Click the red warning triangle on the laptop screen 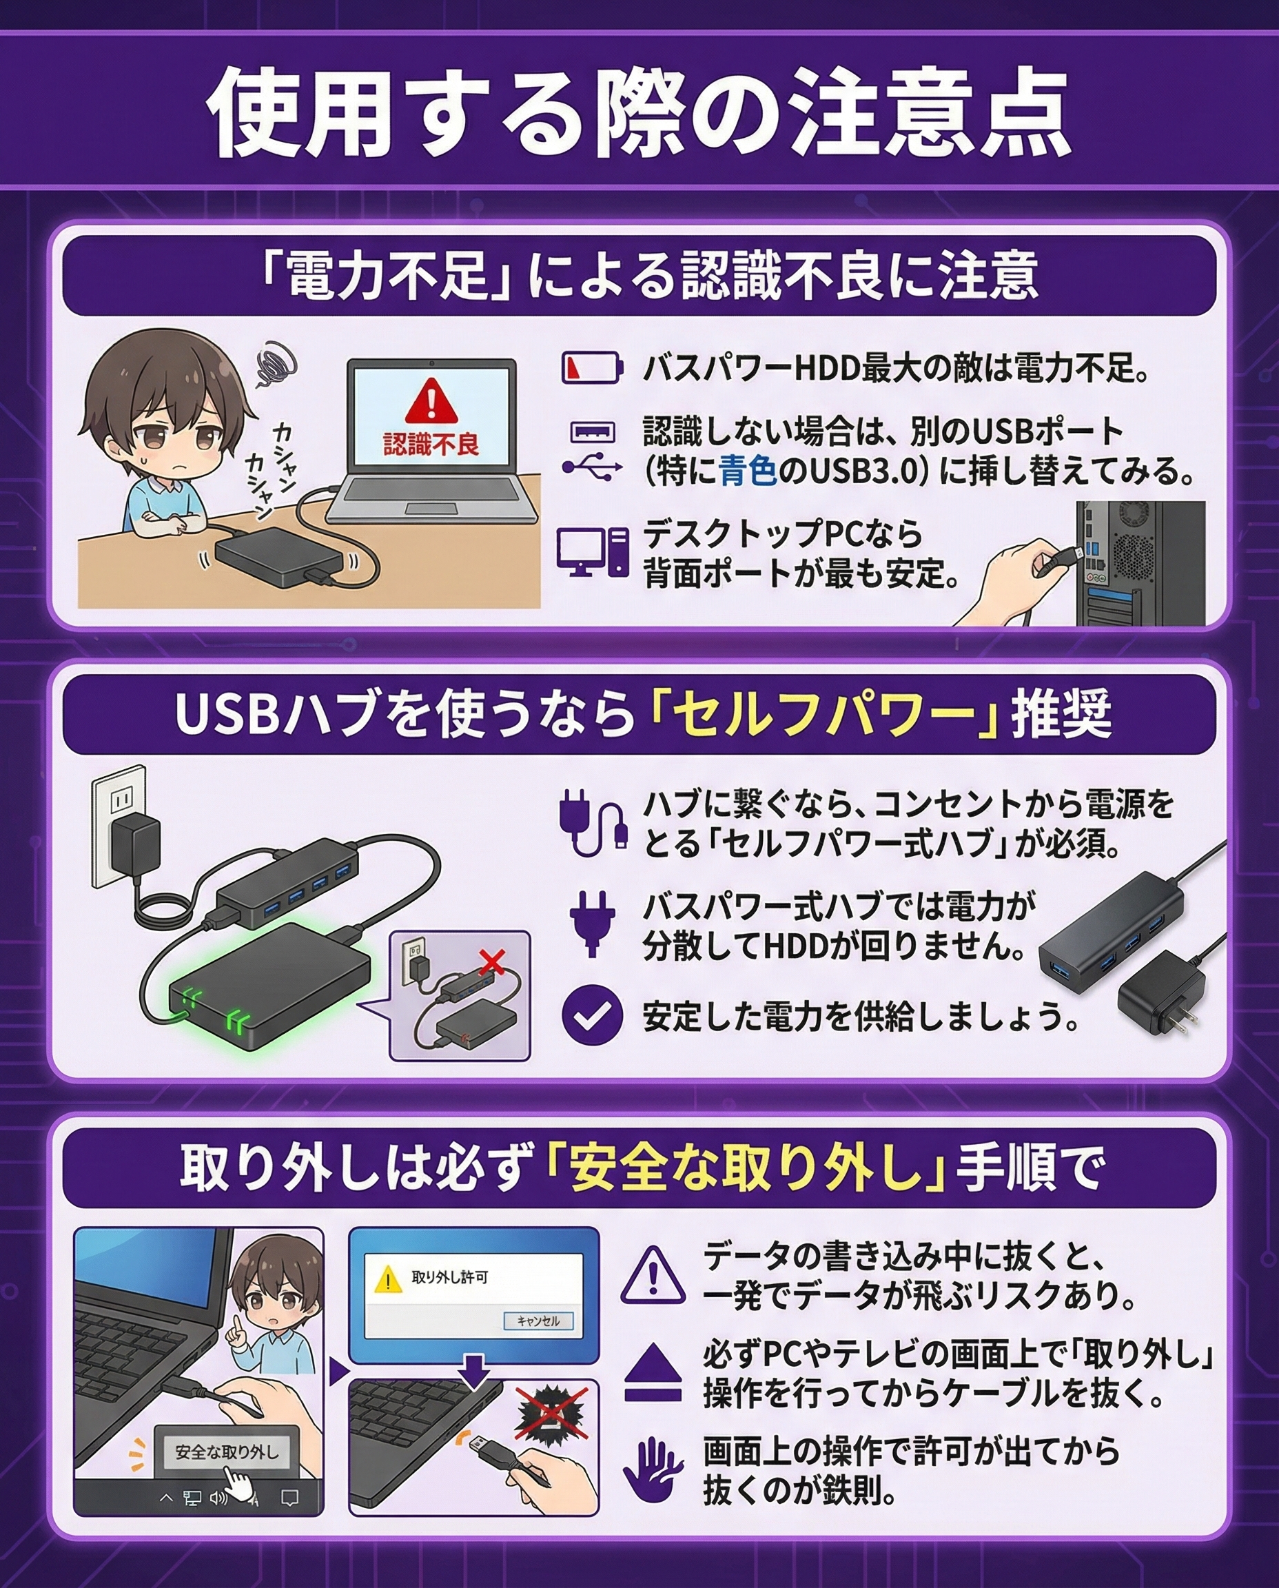(431, 401)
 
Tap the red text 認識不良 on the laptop (431, 444)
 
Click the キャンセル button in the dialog (538, 1321)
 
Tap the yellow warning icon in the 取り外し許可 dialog (388, 1279)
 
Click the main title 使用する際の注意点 (639, 112)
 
